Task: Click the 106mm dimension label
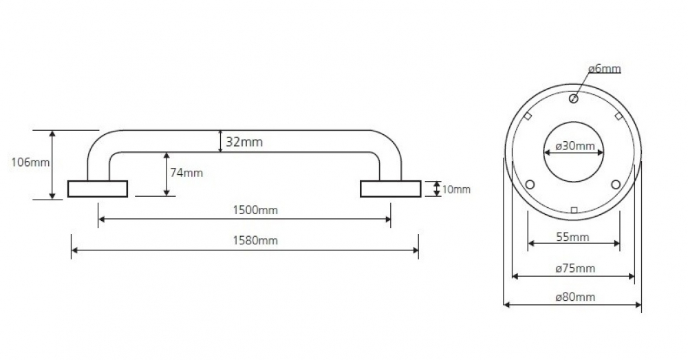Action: click(x=30, y=162)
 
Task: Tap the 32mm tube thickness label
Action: click(x=244, y=142)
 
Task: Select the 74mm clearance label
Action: click(x=186, y=173)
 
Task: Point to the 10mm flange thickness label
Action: click(x=456, y=189)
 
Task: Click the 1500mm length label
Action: click(x=255, y=210)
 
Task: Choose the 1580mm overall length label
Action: click(x=255, y=241)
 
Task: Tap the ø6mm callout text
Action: click(x=605, y=68)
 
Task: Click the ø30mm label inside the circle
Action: click(x=575, y=146)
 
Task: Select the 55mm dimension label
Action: click(x=572, y=237)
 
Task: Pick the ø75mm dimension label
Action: click(x=575, y=268)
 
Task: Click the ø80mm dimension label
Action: click(x=575, y=297)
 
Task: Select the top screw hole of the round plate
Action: click(x=574, y=98)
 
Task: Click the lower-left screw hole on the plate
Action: click(x=530, y=184)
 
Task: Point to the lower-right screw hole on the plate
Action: click(x=616, y=184)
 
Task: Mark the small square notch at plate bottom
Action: click(x=574, y=211)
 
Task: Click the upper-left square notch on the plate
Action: click(x=528, y=116)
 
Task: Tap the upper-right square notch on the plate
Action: click(x=619, y=116)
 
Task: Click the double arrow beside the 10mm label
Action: click(x=437, y=189)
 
